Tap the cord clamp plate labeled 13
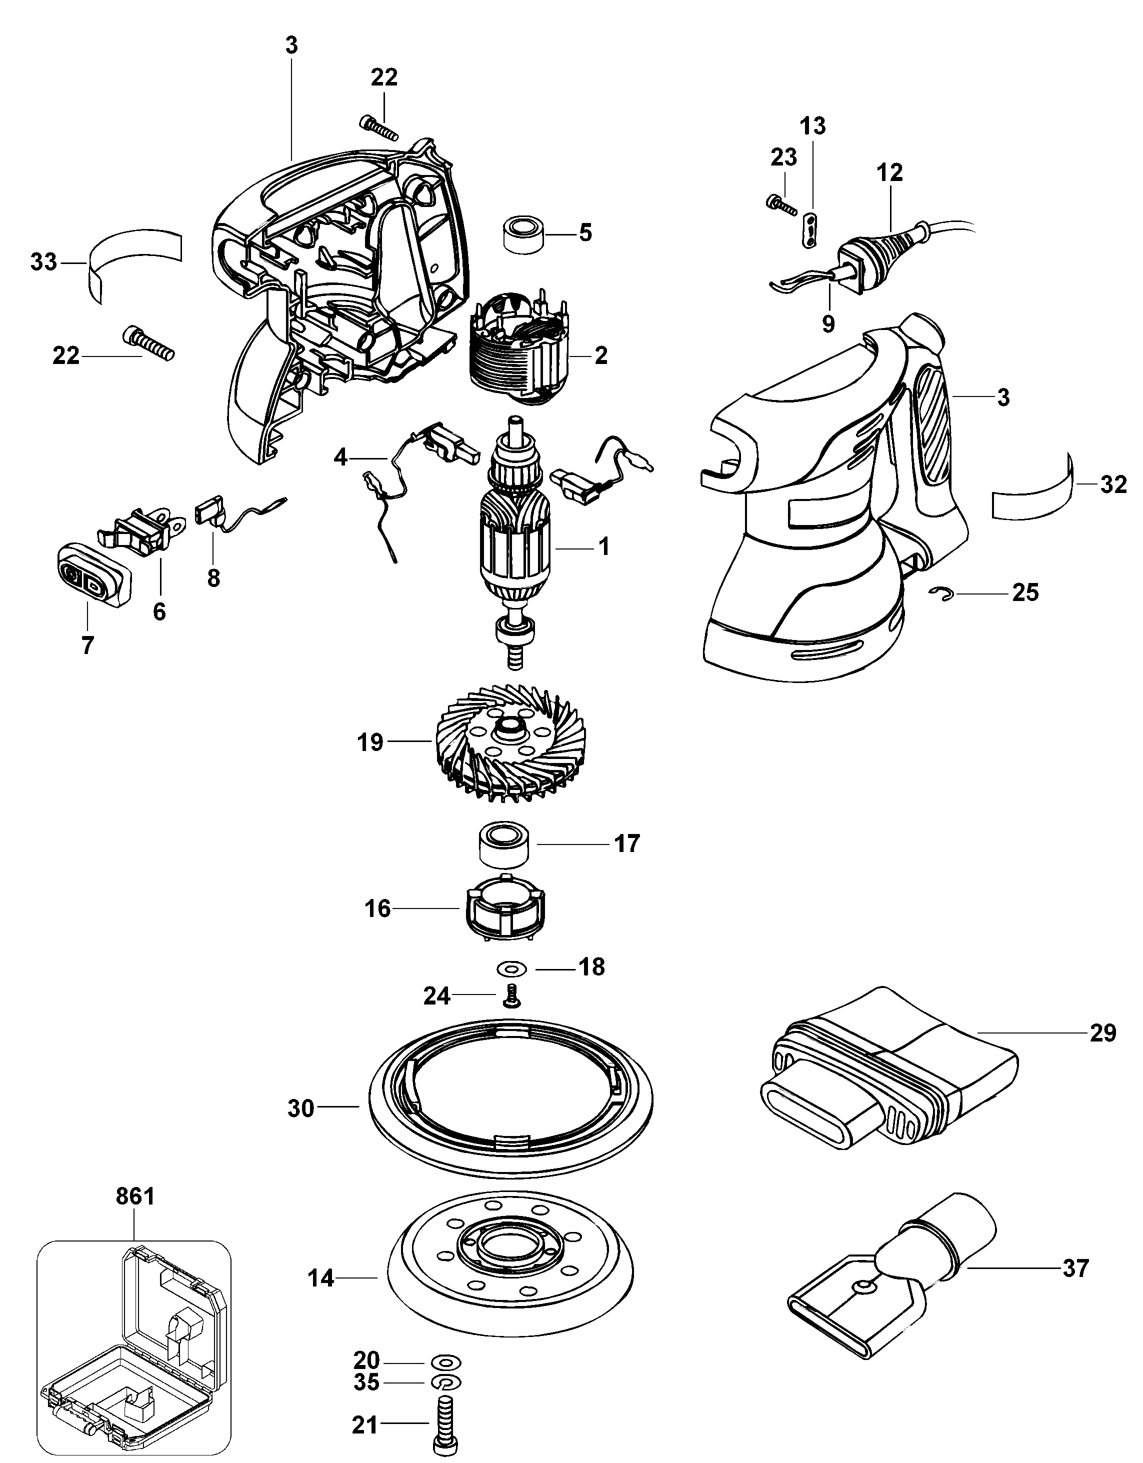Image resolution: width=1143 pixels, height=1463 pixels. click(810, 230)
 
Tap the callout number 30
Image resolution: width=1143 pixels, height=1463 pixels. click(301, 1108)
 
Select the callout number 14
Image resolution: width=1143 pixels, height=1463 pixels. click(321, 1278)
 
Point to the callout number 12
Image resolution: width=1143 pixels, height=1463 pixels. click(889, 173)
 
